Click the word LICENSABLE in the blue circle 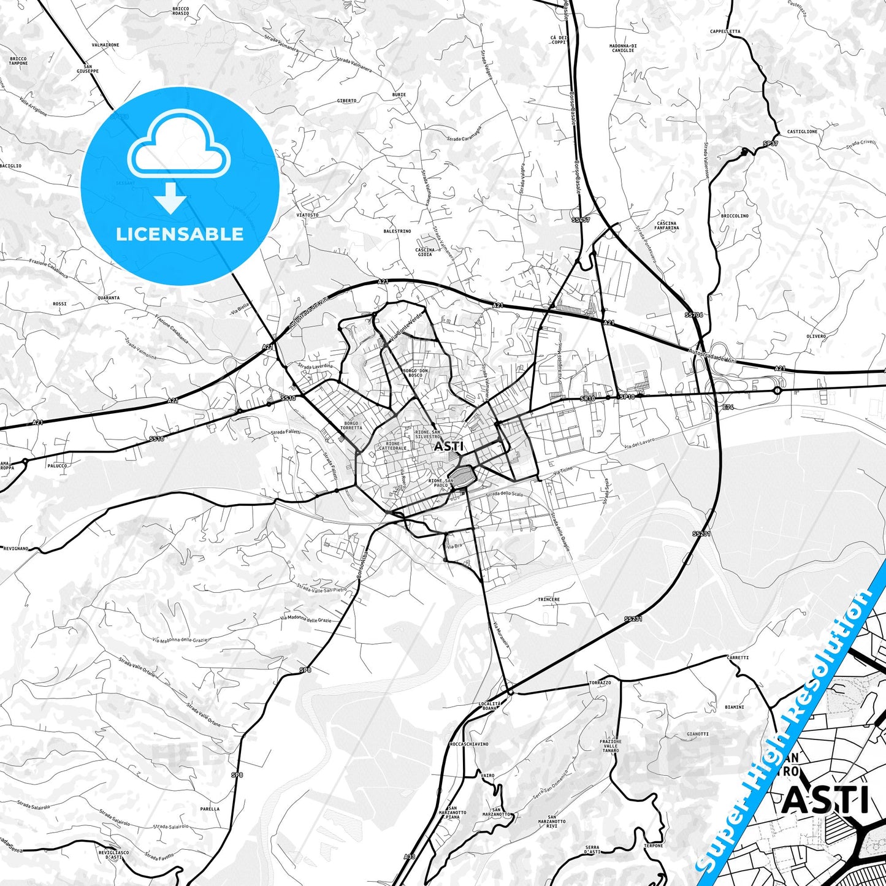[x=180, y=234]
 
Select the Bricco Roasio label [x=180, y=11]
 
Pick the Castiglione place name [x=802, y=132]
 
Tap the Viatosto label [x=307, y=215]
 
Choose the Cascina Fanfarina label [x=666, y=225]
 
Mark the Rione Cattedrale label [x=392, y=446]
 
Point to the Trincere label [x=548, y=599]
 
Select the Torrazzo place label [x=599, y=682]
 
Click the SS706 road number [x=694, y=315]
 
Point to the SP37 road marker [x=770, y=143]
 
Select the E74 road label [x=728, y=407]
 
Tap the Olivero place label [x=816, y=336]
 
